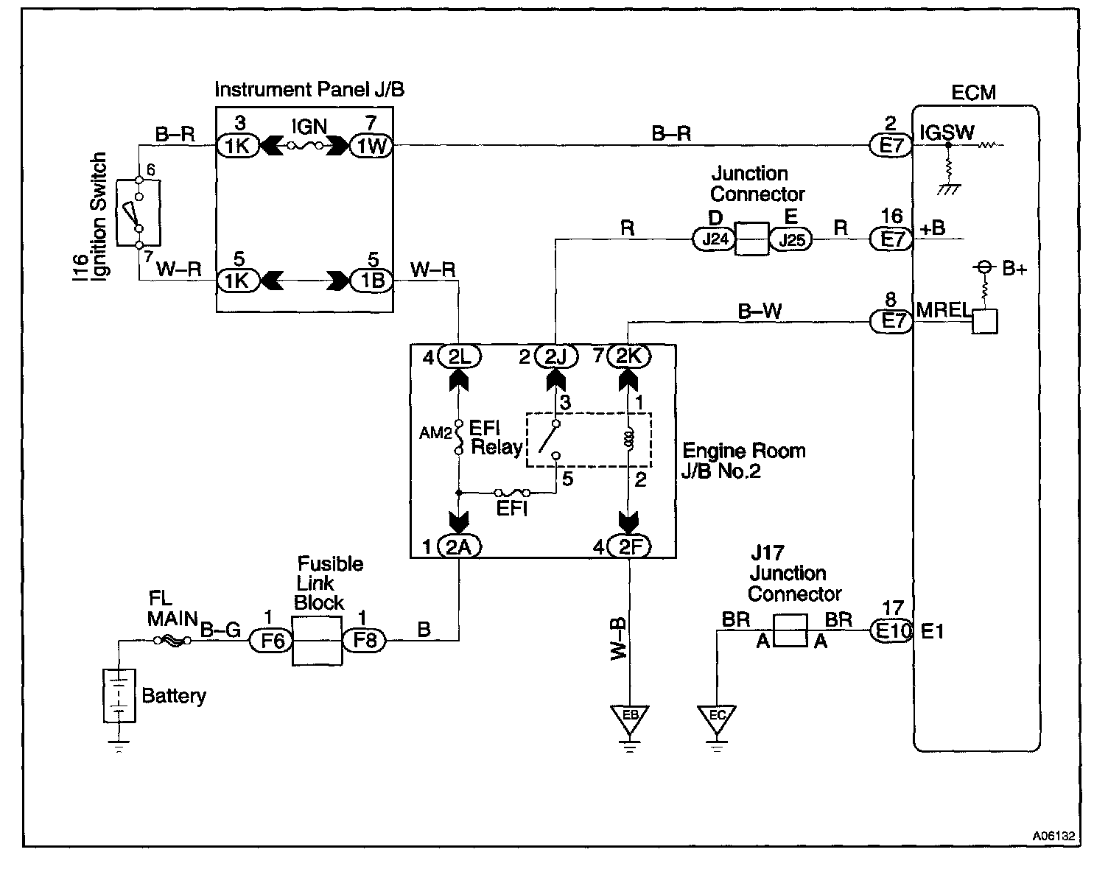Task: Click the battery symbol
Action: [x=118, y=694]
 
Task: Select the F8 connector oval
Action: [x=364, y=640]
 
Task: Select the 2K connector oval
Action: [x=628, y=356]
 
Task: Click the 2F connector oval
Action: [x=628, y=546]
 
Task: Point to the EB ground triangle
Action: [x=628, y=718]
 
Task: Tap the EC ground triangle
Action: [x=717, y=718]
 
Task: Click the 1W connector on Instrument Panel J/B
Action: [x=371, y=146]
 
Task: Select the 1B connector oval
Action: [x=371, y=281]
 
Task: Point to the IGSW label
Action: [x=947, y=133]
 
